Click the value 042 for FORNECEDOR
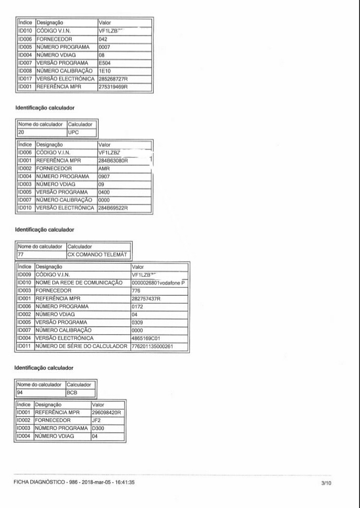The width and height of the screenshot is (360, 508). click(103, 39)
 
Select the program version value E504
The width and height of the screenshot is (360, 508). click(104, 63)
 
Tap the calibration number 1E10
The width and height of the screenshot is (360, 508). click(104, 71)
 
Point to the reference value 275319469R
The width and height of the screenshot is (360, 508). click(113, 87)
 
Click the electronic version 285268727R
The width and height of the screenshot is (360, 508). click(113, 79)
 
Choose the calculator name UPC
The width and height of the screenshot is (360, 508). click(73, 132)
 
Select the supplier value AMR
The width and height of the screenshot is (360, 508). click(104, 169)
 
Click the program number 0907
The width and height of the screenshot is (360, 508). click(105, 177)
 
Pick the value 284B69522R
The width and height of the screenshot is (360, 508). click(113, 208)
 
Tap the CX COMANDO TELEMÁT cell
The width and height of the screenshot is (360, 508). click(98, 255)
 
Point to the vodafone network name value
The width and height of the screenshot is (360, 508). click(158, 283)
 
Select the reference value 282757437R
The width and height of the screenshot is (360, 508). click(146, 298)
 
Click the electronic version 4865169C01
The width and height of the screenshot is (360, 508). click(145, 338)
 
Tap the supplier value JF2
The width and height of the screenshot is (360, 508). click(96, 420)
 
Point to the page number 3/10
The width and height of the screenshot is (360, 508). click(326, 482)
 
